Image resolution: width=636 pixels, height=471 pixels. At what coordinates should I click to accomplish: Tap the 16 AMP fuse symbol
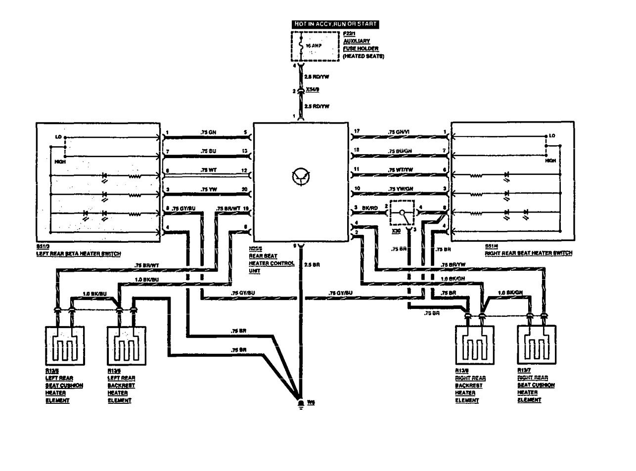(300, 45)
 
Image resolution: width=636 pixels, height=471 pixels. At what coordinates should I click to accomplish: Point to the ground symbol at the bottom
(300, 403)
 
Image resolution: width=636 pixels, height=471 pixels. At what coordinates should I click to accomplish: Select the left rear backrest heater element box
(126, 345)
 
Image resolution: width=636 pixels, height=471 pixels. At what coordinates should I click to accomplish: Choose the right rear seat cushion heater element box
(536, 345)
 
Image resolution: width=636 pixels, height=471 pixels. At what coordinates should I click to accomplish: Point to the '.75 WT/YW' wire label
(399, 170)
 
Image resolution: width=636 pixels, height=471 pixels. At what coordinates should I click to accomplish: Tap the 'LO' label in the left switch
(57, 136)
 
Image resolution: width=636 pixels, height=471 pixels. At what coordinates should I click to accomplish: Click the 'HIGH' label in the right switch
(550, 160)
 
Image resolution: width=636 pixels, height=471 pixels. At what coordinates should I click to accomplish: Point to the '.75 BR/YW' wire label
(452, 265)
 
